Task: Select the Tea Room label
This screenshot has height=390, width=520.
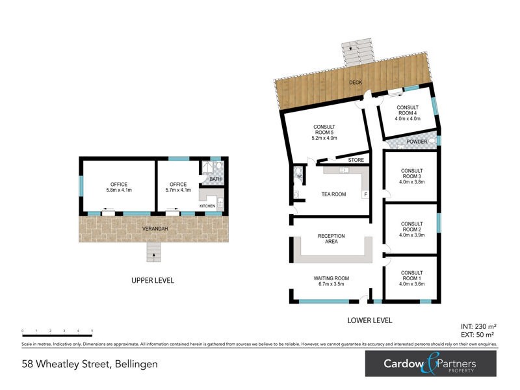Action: coord(333,194)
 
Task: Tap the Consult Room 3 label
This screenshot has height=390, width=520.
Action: coord(411,176)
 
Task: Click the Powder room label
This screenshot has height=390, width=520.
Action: coord(417,142)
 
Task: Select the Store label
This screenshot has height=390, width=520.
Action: coord(356,160)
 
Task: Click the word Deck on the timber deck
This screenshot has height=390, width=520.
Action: coord(355,83)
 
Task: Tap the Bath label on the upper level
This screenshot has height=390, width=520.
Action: coord(215,179)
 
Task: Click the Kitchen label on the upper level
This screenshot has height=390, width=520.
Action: coord(207,206)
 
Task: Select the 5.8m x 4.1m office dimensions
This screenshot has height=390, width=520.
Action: coord(119,190)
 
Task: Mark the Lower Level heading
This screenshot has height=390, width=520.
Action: coord(370,320)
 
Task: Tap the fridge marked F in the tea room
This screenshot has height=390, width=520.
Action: coord(365,194)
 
